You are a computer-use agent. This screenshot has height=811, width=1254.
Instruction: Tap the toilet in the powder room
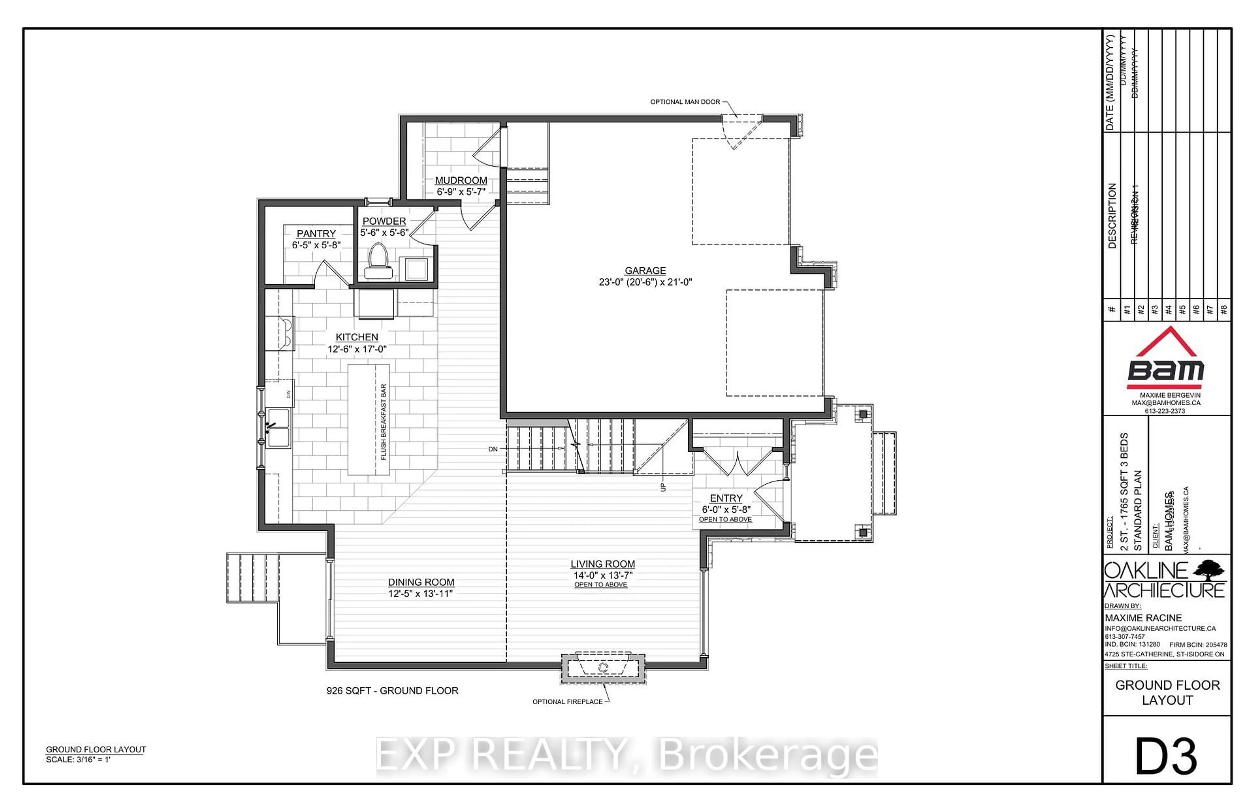378,262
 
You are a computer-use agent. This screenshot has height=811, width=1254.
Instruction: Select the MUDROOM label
460,181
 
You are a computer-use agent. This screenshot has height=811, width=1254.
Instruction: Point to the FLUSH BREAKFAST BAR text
383,421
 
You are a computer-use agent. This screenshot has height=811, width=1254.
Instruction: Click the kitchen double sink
278,428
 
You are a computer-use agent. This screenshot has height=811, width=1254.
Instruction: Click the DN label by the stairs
492,449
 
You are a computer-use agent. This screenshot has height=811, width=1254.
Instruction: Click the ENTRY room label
726,498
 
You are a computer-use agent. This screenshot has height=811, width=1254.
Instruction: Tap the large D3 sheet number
1166,757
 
